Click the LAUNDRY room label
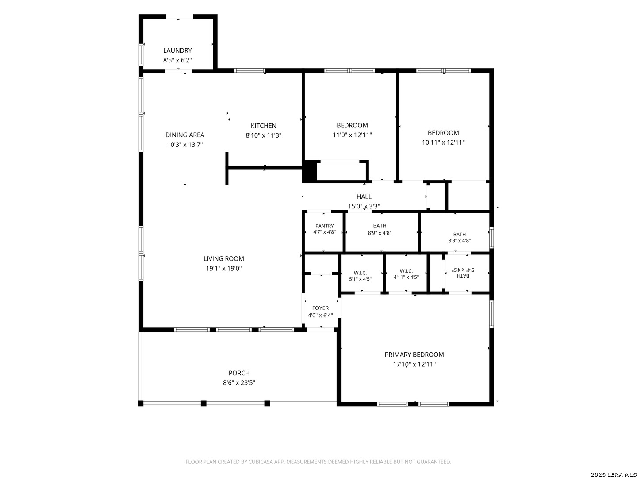[x=177, y=50]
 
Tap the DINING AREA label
[x=184, y=135]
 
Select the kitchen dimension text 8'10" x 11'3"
[x=264, y=135]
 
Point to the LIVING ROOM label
[x=223, y=258]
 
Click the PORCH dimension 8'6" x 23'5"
[x=239, y=383]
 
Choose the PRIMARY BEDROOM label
[x=414, y=355]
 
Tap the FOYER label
[x=320, y=308]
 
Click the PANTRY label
[x=324, y=226]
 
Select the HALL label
[x=364, y=197]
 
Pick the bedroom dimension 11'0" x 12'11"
[x=352, y=135]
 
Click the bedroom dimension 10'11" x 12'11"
[x=443, y=143]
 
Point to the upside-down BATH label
[x=463, y=276]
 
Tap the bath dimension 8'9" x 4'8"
[x=380, y=233]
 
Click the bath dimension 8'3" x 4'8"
[x=460, y=240]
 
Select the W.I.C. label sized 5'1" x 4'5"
[x=360, y=273]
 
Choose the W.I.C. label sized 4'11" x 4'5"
[x=406, y=271]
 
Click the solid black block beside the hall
[x=309, y=171]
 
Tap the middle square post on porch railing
[x=203, y=403]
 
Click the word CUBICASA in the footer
[x=260, y=462]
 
